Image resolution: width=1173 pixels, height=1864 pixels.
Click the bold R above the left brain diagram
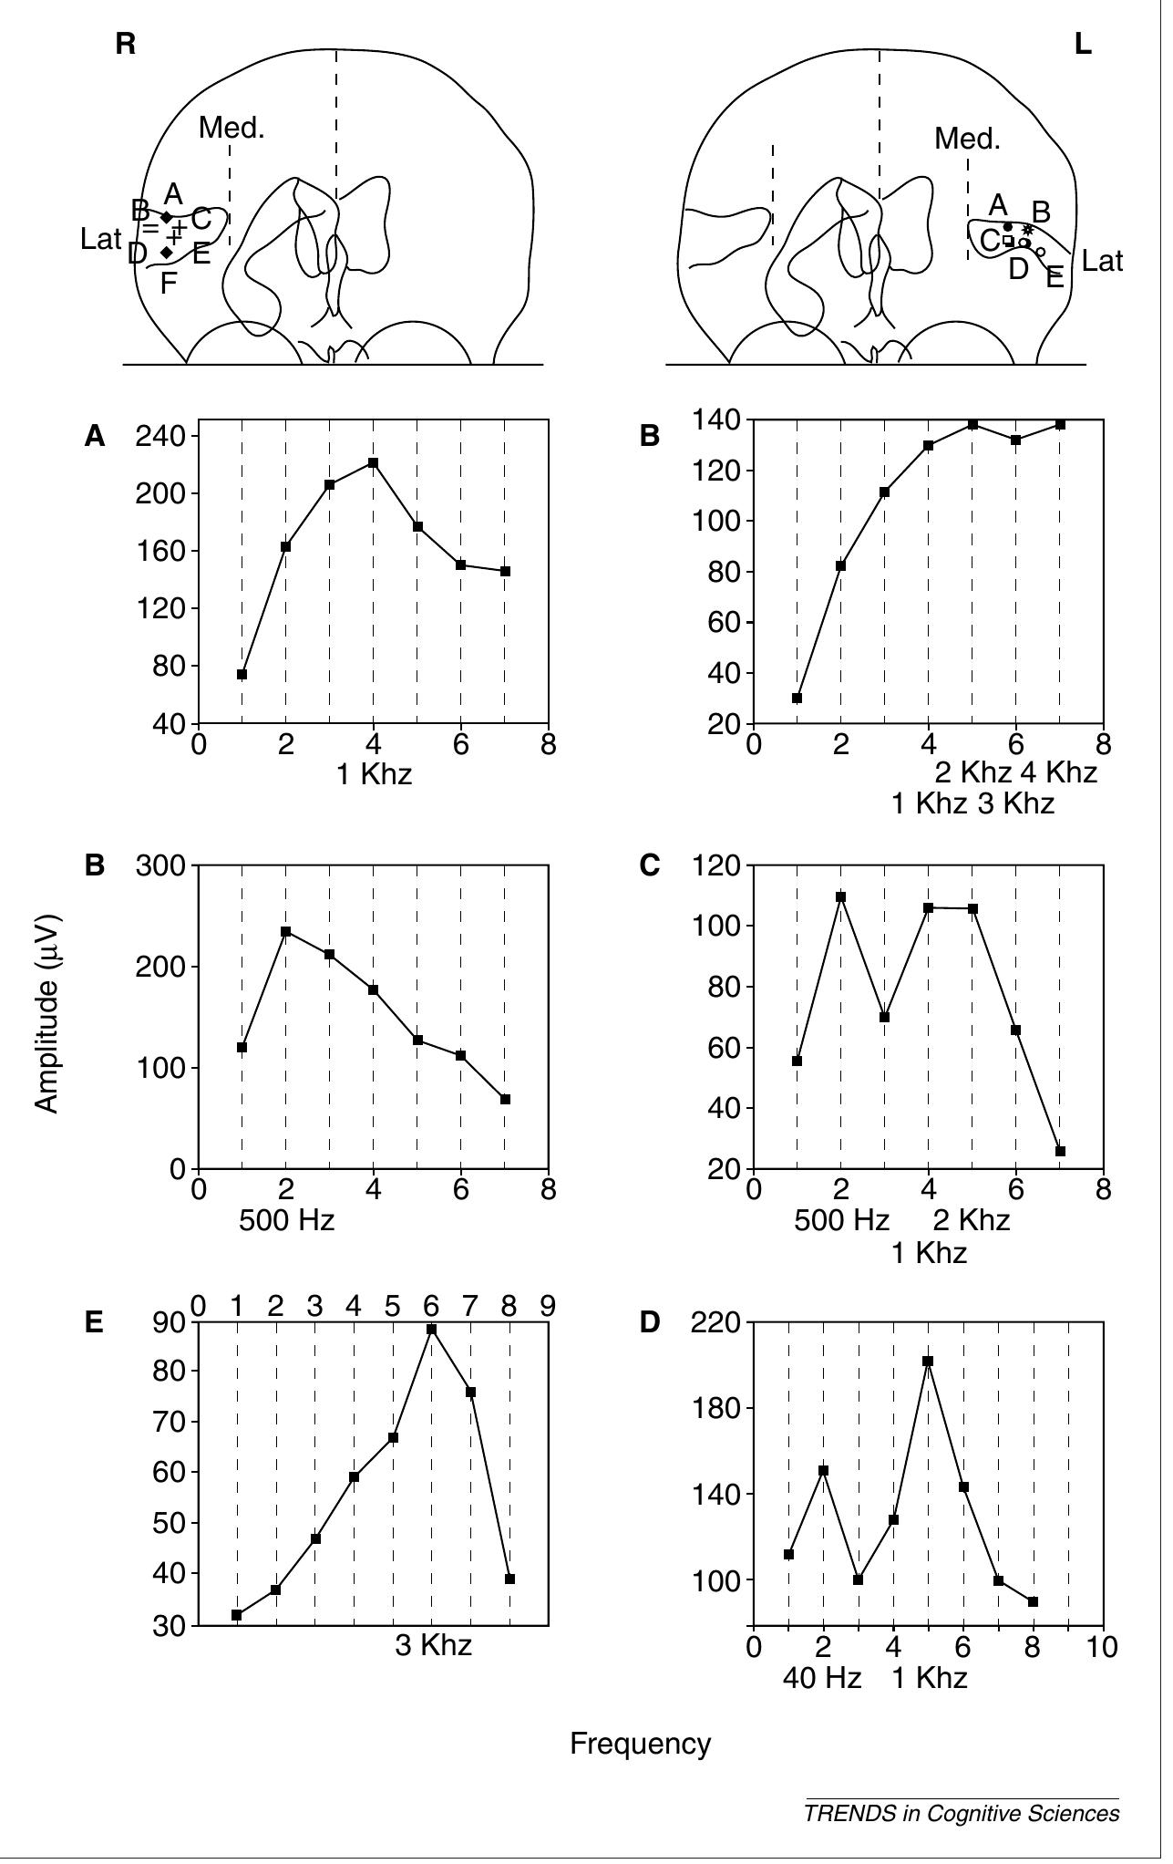[x=126, y=44]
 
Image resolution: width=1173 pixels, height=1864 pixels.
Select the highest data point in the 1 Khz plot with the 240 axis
[x=373, y=462]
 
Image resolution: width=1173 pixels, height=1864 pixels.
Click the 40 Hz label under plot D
[x=821, y=1677]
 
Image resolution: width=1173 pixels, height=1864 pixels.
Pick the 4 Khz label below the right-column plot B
[x=1058, y=772]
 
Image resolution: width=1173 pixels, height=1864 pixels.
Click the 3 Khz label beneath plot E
[x=433, y=1645]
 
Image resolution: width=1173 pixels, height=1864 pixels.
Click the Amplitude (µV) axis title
[x=47, y=1012]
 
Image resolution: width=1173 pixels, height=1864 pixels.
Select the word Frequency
[x=640, y=1744]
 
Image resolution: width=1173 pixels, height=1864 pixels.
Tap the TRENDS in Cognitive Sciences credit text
[x=961, y=1813]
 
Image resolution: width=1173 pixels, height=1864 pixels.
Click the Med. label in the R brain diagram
[x=232, y=128]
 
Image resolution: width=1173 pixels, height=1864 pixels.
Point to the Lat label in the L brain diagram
[x=1102, y=262]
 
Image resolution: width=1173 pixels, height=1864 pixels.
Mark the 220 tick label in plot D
[x=715, y=1322]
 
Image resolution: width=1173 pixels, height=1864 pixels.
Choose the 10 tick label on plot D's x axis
[x=1103, y=1647]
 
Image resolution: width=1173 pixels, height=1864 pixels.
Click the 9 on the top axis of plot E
[x=547, y=1306]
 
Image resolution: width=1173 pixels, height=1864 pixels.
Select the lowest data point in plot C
[x=1060, y=1151]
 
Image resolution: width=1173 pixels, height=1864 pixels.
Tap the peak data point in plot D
[x=928, y=1361]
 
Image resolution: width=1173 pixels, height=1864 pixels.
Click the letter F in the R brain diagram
[x=169, y=284]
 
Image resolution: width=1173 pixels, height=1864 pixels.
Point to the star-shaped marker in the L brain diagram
[x=1028, y=230]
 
